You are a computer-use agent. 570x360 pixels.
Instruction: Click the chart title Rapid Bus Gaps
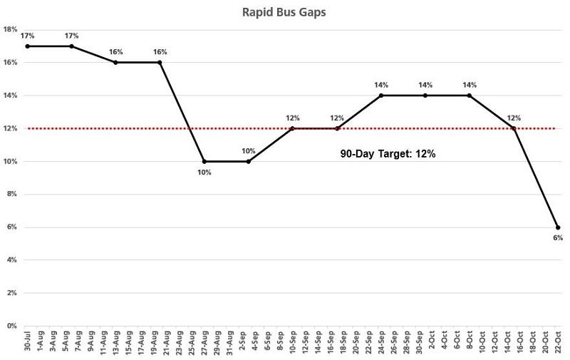(x=284, y=12)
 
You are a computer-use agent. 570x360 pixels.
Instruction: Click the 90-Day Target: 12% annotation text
(x=388, y=153)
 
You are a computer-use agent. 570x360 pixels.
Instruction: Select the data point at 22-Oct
(x=558, y=227)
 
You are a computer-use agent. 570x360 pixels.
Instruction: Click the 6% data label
(x=558, y=238)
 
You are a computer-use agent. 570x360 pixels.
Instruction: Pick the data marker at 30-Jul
(x=27, y=46)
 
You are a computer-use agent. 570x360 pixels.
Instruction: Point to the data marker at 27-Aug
(x=204, y=161)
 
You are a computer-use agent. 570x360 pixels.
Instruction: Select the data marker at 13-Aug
(x=115, y=63)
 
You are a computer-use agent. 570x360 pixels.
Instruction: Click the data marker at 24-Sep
(x=381, y=96)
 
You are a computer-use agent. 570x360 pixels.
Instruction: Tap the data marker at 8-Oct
(x=470, y=96)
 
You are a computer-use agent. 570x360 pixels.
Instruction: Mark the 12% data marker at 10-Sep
(x=293, y=128)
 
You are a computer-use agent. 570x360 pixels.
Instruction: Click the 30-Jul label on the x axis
(x=27, y=343)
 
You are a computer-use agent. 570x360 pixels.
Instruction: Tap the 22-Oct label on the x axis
(x=558, y=343)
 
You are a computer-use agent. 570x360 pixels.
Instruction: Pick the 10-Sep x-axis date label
(x=293, y=343)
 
